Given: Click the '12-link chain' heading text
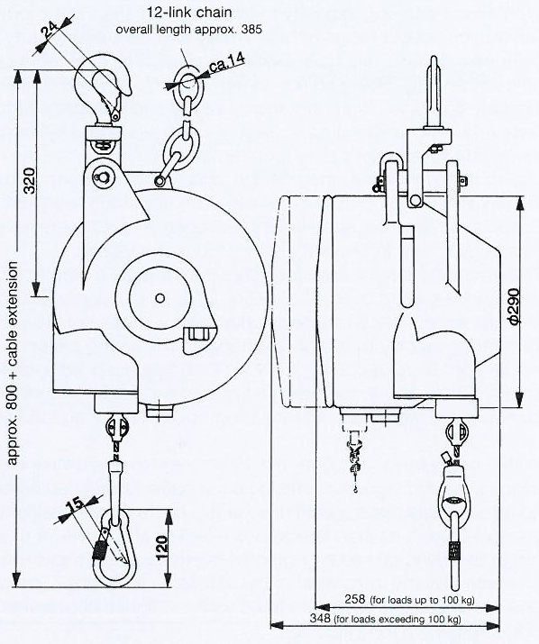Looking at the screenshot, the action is coord(189,13).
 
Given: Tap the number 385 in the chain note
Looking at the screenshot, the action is coord(251,30).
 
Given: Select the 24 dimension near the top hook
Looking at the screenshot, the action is coord(50,30).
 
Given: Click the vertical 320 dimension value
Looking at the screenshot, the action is coord(30,180).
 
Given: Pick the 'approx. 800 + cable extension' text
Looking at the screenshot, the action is coord(13,363).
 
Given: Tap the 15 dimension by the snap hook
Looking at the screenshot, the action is coord(77,505).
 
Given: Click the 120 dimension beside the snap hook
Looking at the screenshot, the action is coord(162,547).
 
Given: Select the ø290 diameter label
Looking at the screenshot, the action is coord(515,305).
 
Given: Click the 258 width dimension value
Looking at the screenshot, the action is coord(355,599).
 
